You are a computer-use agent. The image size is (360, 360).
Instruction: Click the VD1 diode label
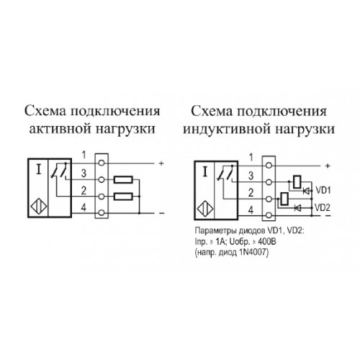click(323, 191)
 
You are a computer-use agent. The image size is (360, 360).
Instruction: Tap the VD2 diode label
click(323, 208)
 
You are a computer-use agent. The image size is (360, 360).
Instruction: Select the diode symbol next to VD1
click(306, 191)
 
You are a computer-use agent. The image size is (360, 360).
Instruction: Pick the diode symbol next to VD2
click(298, 208)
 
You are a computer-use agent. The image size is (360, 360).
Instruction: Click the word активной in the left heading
click(61, 129)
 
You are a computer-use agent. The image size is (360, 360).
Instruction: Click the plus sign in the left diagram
click(161, 163)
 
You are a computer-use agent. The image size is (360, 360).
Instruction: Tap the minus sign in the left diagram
click(162, 213)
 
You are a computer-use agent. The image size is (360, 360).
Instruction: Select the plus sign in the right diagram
click(328, 166)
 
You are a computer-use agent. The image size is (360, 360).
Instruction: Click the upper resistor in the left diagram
click(123, 179)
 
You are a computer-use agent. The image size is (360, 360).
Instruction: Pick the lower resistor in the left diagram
click(123, 197)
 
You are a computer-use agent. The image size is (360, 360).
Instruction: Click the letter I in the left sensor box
click(38, 169)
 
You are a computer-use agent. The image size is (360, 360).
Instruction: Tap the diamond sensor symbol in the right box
click(205, 209)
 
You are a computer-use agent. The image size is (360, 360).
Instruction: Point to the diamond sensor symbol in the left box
click(39, 207)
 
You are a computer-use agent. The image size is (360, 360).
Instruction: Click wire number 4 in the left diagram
click(84, 207)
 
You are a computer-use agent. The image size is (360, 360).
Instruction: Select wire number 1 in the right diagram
click(251, 158)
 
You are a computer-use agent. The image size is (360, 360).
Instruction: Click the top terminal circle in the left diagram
click(102, 163)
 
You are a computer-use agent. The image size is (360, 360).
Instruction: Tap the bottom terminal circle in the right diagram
click(269, 215)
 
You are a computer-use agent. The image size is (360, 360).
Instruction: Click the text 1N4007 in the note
click(253, 253)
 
